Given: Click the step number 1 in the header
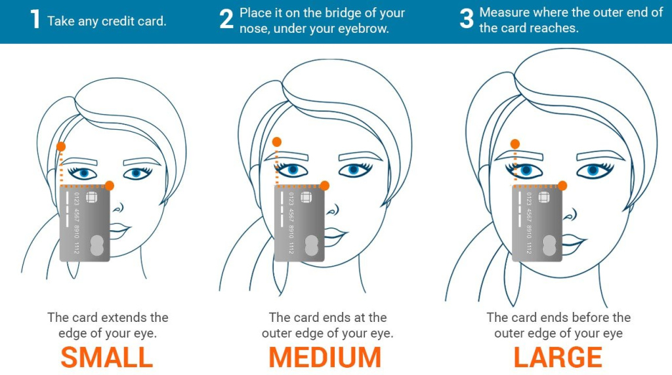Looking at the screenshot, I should tap(35, 20).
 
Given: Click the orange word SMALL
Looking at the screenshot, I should tap(107, 357).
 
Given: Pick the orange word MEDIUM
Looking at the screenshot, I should tap(325, 357).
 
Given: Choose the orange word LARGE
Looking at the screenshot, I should tap(558, 357).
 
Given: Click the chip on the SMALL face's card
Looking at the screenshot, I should tap(91, 198).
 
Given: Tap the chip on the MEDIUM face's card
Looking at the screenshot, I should tap(306, 198).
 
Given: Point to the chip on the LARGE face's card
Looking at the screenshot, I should tap(544, 198).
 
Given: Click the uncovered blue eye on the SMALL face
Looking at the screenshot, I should tap(136, 174).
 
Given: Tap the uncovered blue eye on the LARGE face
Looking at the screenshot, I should tap(595, 170).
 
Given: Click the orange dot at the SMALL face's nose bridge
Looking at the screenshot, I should tap(109, 186).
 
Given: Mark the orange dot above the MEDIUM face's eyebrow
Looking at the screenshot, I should tap(277, 142).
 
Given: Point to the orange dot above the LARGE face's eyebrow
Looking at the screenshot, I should tap(515, 144).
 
